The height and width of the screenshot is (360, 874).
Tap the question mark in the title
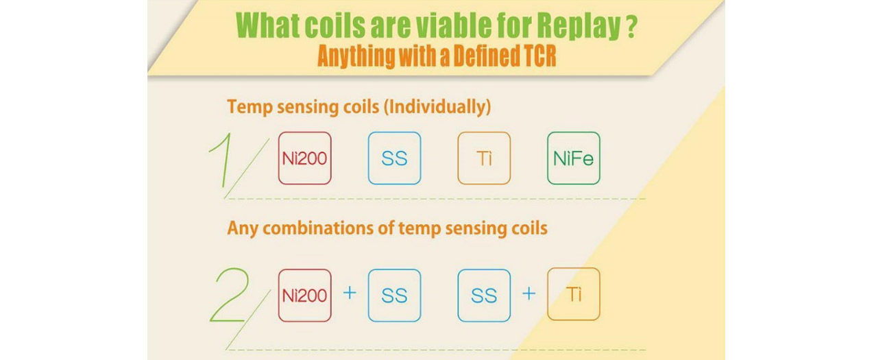[x=632, y=25]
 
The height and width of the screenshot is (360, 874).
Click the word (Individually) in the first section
[x=437, y=107]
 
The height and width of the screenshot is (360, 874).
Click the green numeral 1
[x=221, y=159]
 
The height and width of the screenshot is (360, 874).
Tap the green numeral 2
[x=230, y=295]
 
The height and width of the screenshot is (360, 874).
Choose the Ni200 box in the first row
[x=305, y=158]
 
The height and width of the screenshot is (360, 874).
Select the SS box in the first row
[x=394, y=158]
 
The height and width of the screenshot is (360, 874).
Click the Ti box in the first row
[x=484, y=158]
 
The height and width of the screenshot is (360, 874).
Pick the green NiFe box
[x=574, y=158]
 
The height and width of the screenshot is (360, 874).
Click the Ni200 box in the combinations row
[x=305, y=295]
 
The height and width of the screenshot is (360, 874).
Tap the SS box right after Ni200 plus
[x=394, y=295]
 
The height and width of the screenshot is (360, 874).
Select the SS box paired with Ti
[x=484, y=295]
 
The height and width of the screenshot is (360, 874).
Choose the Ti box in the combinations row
[x=574, y=294]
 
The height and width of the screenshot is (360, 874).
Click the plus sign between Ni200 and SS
[x=350, y=292]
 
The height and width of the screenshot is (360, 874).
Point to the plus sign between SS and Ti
[x=529, y=293]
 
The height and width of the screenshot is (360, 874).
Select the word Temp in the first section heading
[x=250, y=107]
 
